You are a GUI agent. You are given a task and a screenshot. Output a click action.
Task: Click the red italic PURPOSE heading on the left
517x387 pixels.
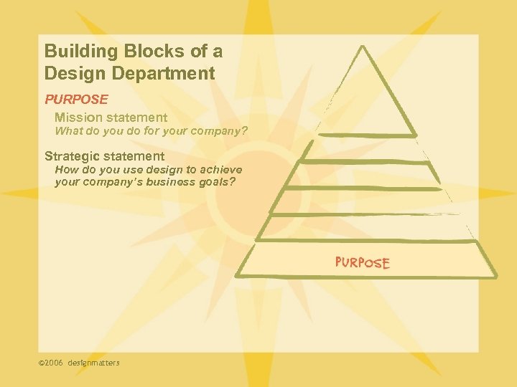(76, 99)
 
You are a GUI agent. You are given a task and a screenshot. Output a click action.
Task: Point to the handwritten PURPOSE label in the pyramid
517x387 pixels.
(363, 262)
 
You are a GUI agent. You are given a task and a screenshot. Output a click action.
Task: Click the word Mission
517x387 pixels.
(78, 118)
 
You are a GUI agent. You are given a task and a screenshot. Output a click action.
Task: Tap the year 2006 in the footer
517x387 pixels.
(55, 363)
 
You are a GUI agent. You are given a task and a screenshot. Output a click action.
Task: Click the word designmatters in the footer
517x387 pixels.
(94, 363)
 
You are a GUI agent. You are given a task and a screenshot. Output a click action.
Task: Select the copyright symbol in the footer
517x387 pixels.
(42, 363)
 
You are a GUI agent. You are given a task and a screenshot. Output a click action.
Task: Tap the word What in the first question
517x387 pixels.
(69, 132)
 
